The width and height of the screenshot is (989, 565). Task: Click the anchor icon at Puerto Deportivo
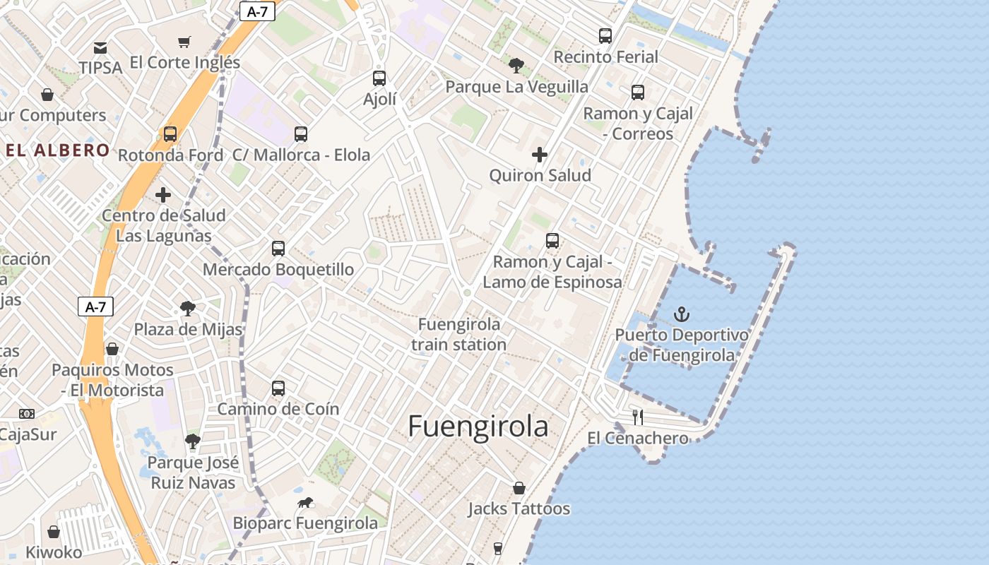coord(682,314)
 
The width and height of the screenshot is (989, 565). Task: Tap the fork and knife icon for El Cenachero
coord(637,417)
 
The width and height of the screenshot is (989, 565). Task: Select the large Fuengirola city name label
coord(478,427)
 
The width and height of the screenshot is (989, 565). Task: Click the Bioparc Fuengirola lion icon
coord(305,503)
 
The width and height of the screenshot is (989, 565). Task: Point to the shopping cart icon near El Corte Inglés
coord(184,42)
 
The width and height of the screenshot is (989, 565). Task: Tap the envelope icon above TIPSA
coord(100,48)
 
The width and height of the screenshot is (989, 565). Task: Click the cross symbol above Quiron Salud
coord(540,154)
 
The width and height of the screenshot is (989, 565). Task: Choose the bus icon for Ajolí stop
coord(379,78)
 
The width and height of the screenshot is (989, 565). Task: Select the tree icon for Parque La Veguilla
coord(516,66)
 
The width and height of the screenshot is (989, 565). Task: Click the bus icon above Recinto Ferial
coord(605,35)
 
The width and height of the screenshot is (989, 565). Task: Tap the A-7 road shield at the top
coord(257,11)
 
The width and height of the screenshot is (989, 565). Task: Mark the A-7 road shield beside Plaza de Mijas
coord(95,307)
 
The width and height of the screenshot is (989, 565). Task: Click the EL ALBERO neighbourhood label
coord(58,150)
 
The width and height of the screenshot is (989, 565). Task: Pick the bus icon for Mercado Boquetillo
coord(278,248)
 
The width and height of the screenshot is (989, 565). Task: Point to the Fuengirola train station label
coord(459,334)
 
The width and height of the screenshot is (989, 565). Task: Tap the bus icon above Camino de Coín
coord(278,388)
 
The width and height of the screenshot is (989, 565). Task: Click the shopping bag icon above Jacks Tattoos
coord(519,488)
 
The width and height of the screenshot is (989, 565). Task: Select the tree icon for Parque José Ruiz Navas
coord(192,442)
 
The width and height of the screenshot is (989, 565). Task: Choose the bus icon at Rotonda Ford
coord(170,133)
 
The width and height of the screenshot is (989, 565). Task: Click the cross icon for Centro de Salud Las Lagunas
coord(163,194)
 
